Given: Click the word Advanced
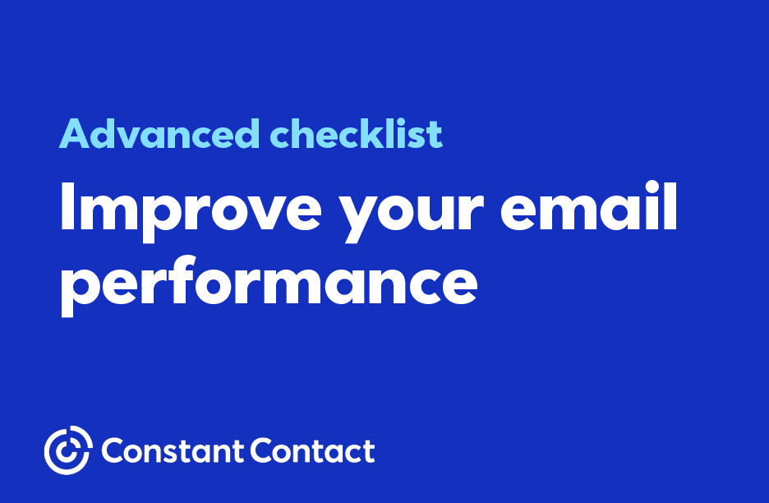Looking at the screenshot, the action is (159, 133).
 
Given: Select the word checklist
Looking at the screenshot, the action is (357, 133).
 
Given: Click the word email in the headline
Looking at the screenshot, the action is (588, 206).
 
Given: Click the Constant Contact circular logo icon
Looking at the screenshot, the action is (68, 450).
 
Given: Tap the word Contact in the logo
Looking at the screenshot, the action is (313, 451).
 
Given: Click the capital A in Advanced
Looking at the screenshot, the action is (75, 133).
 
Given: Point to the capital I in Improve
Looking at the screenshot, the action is (67, 206).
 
